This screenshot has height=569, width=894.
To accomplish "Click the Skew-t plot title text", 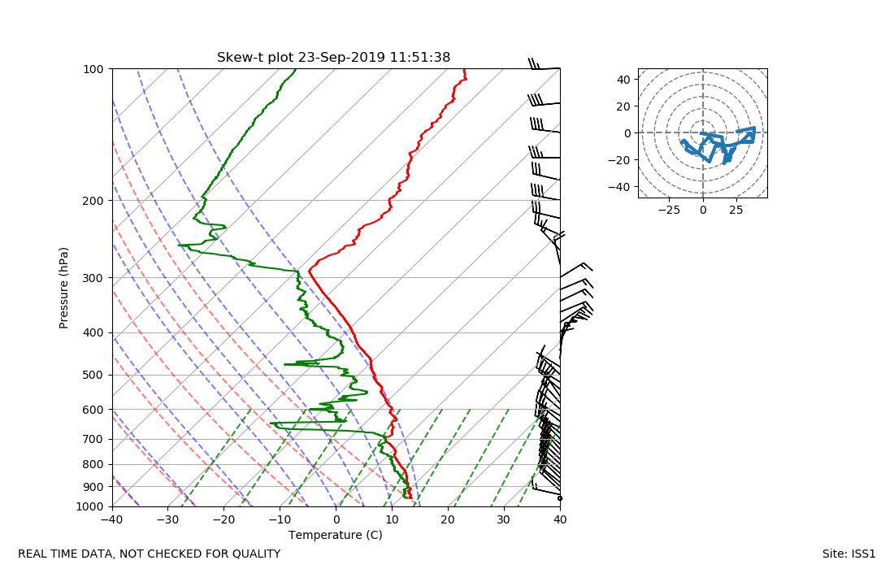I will (333, 58).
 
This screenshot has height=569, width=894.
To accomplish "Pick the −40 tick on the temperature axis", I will (112, 519).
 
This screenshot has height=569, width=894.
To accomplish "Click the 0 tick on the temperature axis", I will (336, 519).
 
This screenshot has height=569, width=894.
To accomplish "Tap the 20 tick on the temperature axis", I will (448, 519).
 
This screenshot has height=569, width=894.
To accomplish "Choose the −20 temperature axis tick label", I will (224, 519).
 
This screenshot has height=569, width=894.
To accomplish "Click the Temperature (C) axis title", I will (335, 535).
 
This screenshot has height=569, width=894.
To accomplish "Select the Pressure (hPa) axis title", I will (64, 288).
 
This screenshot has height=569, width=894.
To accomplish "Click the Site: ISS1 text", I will (848, 554).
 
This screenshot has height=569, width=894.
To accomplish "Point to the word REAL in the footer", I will (33, 554).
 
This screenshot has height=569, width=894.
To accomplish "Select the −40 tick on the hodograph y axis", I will (622, 187).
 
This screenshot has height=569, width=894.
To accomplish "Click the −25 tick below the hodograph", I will (669, 210).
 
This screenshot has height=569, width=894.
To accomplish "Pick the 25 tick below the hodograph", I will (736, 210).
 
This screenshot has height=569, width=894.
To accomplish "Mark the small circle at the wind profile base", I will (560, 497).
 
